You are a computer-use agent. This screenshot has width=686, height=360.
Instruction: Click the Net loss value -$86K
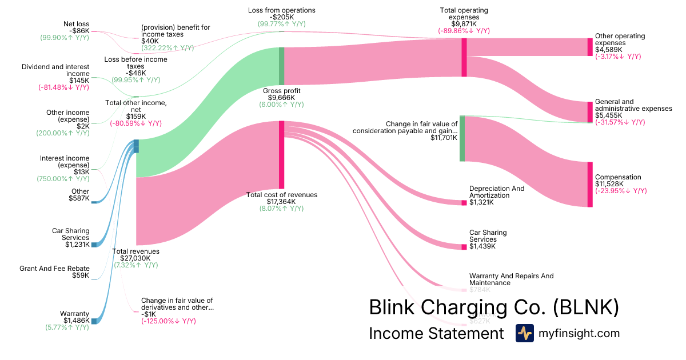tap(80, 30)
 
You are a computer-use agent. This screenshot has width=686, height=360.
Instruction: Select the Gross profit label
tap(281, 91)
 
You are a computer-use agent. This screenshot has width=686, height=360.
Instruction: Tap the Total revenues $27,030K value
tap(135, 258)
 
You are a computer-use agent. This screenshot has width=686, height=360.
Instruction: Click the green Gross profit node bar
tap(281, 66)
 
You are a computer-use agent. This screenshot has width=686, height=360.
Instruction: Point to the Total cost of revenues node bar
tap(281, 154)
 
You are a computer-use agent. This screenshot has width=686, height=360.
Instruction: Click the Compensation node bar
tap(590, 184)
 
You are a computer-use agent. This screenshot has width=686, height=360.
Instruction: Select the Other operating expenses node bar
tap(590, 47)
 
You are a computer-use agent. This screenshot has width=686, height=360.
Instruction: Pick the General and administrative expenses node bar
tap(590, 111)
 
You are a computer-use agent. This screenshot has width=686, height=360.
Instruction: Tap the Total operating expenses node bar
tap(464, 57)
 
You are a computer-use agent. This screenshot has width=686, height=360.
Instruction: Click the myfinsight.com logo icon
tap(524, 333)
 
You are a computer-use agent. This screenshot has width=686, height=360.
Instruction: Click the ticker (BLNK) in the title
tap(586, 307)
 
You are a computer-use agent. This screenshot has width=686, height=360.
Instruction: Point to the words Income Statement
tap(436, 333)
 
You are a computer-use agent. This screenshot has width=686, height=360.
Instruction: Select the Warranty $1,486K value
tap(78, 321)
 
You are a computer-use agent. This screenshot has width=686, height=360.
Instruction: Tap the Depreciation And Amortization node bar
tap(464, 202)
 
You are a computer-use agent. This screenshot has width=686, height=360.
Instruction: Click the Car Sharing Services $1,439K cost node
tap(464, 246)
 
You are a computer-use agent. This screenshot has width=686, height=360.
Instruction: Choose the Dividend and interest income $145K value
tap(80, 81)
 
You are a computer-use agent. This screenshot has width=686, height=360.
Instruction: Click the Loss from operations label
tap(281, 10)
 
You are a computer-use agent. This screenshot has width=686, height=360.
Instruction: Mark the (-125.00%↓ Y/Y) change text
tap(169, 321)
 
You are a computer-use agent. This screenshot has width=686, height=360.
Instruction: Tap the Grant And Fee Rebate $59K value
tap(80, 275)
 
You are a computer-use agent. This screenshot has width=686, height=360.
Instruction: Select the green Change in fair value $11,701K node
tap(462, 138)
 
